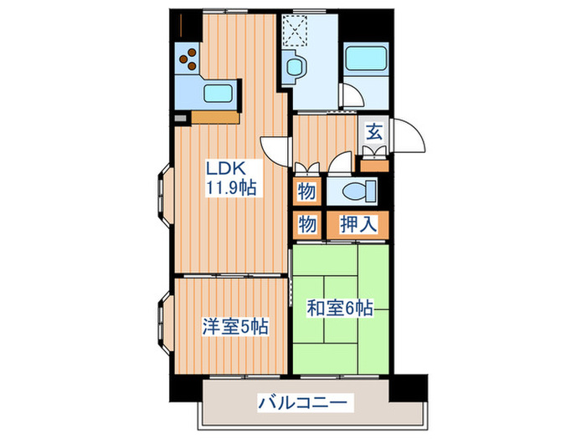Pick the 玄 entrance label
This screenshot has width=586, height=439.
tap(373, 131)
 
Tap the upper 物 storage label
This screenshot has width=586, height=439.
tap(306, 192)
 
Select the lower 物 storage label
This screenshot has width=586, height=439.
tap(306, 223)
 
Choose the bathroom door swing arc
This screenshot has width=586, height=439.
tap(350, 96)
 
